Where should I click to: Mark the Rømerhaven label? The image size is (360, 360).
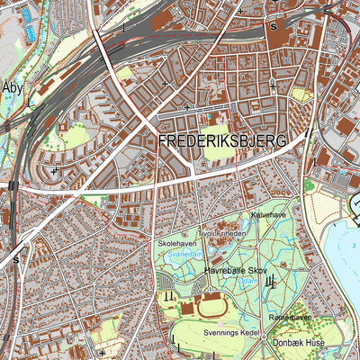coord(288,318)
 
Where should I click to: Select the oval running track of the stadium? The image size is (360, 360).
coord(213,307)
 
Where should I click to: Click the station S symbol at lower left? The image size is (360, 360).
coord(15,259)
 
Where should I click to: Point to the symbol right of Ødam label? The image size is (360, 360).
coord(273,283)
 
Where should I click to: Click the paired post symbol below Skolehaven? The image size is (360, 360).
coord(168,295)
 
